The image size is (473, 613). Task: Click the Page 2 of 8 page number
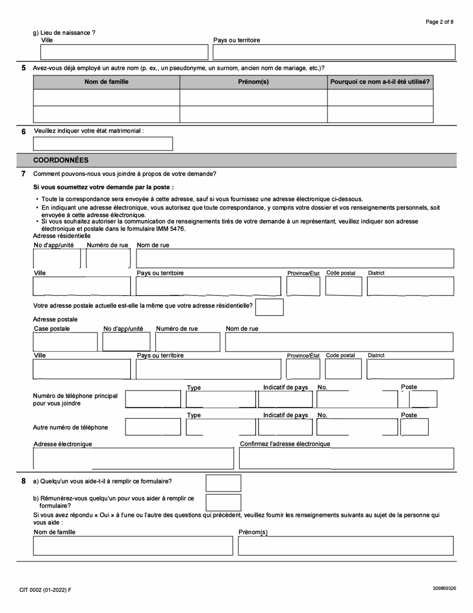[439, 22]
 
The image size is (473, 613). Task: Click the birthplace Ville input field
[124, 52]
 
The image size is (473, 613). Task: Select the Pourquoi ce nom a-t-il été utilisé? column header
[380, 82]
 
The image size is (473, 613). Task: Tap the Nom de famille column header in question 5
[106, 82]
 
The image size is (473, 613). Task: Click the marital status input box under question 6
[103, 144]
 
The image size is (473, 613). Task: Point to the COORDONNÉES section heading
[61, 160]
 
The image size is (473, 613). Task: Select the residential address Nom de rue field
[295, 259]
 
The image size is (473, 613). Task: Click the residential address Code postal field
[344, 286]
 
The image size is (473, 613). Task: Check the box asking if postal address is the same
[269, 307]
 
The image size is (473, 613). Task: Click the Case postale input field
[65, 342]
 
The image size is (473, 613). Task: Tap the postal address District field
[410, 369]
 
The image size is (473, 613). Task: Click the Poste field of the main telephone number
[424, 399]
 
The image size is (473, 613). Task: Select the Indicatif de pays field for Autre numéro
[285, 427]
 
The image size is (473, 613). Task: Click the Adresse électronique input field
[133, 459]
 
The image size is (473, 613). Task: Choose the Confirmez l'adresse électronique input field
[346, 459]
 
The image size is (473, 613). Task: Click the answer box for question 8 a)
[223, 483]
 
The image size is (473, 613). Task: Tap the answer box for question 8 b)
[223, 502]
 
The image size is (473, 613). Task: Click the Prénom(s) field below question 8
[346, 546]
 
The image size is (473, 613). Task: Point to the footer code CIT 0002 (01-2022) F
[45, 590]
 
